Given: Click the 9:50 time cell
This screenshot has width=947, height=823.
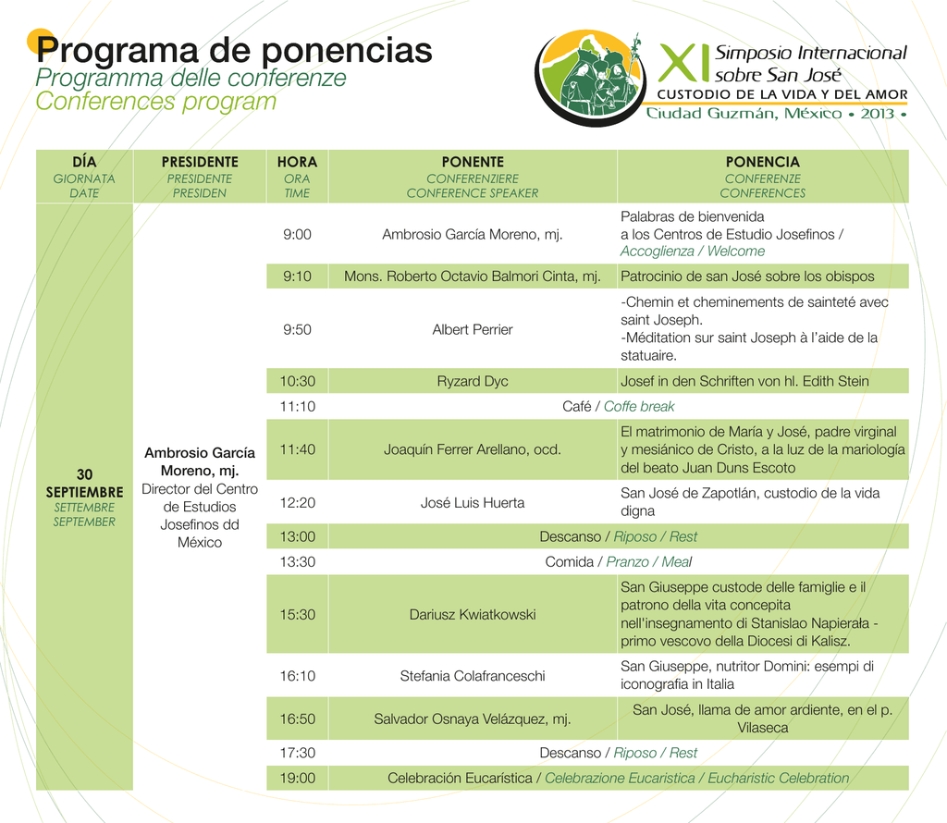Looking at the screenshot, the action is click(297, 330).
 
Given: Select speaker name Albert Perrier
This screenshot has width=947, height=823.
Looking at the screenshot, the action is click(473, 330).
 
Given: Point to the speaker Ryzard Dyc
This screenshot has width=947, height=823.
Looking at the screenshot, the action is click(473, 381).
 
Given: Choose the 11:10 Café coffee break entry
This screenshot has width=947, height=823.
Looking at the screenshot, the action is click(618, 406).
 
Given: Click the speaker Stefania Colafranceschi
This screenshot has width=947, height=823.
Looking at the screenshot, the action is click(473, 676).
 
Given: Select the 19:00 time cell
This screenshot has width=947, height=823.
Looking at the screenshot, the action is click(297, 778).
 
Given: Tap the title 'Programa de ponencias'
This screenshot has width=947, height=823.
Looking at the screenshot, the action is click(234, 50).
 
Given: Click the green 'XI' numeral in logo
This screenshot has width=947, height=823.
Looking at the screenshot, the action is click(683, 62).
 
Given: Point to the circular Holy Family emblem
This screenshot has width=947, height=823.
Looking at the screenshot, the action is click(589, 78).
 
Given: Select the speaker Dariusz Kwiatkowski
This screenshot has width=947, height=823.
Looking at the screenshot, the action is click(473, 615).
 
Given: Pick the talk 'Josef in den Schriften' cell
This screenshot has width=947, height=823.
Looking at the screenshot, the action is click(763, 381).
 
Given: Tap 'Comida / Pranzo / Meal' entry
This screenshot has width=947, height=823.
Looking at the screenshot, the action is click(618, 561).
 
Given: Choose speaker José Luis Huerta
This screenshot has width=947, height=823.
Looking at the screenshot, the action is click(473, 503).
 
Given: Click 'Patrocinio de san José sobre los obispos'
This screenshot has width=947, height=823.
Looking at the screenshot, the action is click(747, 276).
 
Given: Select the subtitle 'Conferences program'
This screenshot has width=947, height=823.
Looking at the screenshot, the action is click(155, 102).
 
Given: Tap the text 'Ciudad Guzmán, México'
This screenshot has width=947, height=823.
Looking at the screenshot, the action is click(744, 114).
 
